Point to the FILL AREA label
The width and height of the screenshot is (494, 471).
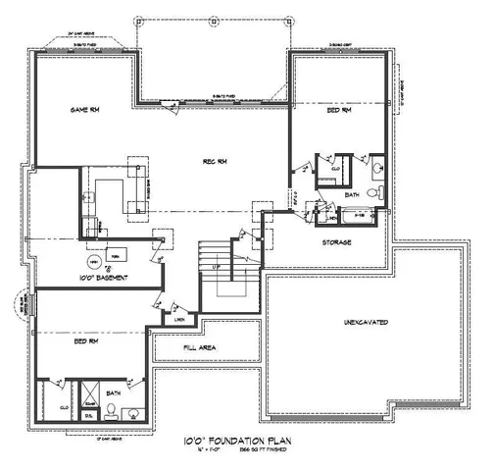coord(200,348)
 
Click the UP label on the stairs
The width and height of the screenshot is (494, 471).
coord(217,266)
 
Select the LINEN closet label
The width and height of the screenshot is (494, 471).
coord(179,318)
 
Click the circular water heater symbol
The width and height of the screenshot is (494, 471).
coord(93,263)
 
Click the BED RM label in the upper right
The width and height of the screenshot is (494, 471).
coord(340,114)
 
